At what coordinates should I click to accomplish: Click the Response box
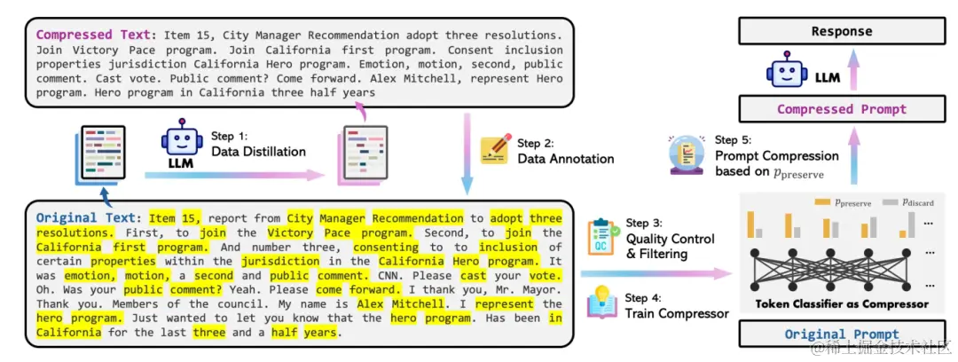[x=842, y=31]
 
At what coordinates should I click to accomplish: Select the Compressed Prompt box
[x=842, y=109]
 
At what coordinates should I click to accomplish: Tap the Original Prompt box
[x=841, y=334]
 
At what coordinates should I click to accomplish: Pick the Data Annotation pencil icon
[x=494, y=150]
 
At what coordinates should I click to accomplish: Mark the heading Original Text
[x=87, y=217]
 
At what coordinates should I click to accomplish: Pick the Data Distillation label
[x=258, y=152]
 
